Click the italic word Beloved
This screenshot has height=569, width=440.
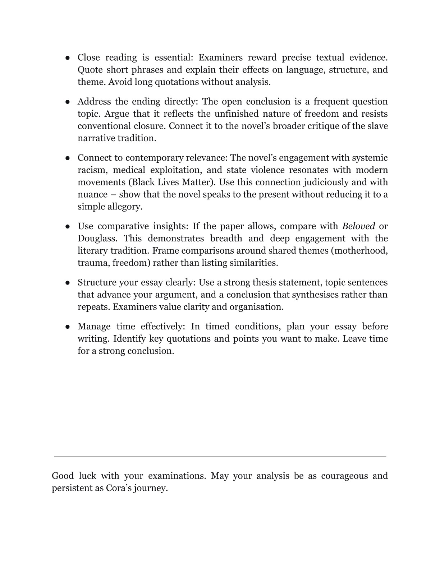click(x=358, y=226)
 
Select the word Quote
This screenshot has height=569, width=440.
click(x=90, y=70)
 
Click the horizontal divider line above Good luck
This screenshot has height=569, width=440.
click(x=220, y=457)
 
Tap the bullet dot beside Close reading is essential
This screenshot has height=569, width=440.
click(x=67, y=58)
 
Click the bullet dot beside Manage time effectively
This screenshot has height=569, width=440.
click(x=67, y=327)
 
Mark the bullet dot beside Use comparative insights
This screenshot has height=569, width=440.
click(x=67, y=226)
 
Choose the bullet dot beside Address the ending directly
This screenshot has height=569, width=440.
click(x=67, y=102)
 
